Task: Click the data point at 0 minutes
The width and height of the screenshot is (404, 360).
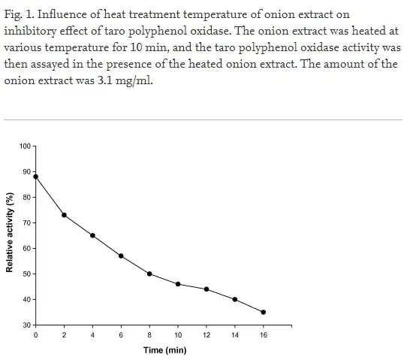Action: click(36, 177)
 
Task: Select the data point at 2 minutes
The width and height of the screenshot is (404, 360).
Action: click(65, 215)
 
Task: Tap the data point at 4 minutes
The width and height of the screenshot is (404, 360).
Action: click(92, 235)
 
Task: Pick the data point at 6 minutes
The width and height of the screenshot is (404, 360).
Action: click(121, 256)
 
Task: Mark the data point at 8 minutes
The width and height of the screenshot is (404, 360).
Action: click(149, 274)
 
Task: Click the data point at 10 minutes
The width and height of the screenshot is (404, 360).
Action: click(178, 284)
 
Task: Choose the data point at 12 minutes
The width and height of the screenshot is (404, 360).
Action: click(207, 289)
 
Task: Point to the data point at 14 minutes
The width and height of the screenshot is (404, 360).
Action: click(235, 299)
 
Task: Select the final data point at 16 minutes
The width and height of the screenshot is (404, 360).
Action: click(264, 312)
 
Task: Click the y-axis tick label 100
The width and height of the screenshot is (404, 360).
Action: click(26, 146)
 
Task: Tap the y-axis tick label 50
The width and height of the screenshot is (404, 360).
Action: click(27, 274)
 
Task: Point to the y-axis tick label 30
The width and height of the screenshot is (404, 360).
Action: click(27, 325)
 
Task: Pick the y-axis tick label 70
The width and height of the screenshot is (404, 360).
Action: click(27, 223)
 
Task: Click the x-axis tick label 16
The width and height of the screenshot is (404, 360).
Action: click(264, 335)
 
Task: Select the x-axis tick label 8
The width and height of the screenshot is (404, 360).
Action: click(149, 335)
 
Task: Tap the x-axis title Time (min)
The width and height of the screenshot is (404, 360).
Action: click(165, 350)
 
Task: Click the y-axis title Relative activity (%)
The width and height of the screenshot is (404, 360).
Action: click(10, 233)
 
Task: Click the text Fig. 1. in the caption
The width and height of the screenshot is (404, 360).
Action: click(20, 14)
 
